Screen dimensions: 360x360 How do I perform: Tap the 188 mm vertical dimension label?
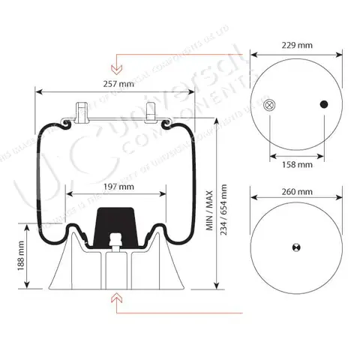(19, 259)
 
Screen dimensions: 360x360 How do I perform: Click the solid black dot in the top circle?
(325, 104)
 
